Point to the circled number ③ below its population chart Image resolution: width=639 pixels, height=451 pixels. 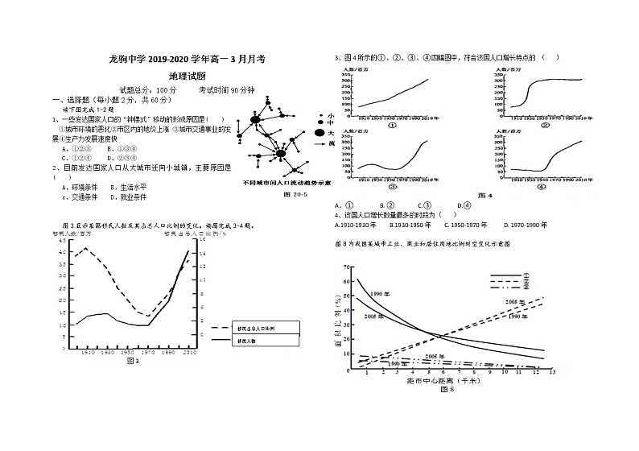[x=392, y=186]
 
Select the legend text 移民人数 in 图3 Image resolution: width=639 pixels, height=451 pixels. [x=246, y=341]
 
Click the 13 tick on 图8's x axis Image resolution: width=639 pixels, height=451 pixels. [x=552, y=373]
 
